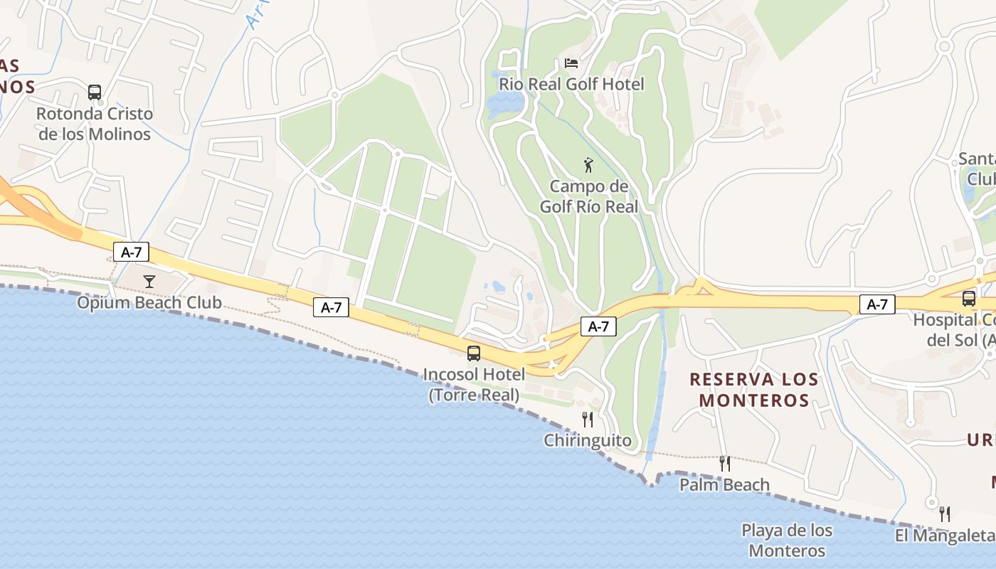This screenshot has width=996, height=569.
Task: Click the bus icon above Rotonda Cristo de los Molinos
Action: [x=95, y=92]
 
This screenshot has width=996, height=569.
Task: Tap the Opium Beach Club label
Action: [x=149, y=303]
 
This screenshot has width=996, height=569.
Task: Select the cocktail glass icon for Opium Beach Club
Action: [x=149, y=282]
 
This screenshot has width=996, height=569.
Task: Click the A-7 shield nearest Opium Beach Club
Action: [x=131, y=251]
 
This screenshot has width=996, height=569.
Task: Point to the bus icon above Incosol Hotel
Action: [x=474, y=353]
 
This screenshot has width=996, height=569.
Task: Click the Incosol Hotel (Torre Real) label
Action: [x=474, y=384]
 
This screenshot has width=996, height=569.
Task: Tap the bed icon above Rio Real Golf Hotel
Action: [x=571, y=63]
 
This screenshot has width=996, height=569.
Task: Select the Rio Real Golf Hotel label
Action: [x=571, y=85]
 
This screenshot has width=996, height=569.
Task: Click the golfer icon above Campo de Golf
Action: [x=588, y=166]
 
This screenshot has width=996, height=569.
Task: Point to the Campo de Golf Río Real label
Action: [x=588, y=196]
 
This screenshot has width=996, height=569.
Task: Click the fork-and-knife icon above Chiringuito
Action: [x=588, y=419]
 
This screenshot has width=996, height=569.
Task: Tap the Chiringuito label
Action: [x=588, y=440]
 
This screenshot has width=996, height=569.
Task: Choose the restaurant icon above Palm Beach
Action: [x=725, y=464]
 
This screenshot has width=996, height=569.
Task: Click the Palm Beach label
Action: [x=724, y=485]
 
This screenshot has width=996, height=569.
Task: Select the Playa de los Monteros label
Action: [x=787, y=541]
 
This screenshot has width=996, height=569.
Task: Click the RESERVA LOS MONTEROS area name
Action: [x=754, y=390]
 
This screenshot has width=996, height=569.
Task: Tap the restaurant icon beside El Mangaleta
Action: [x=945, y=514]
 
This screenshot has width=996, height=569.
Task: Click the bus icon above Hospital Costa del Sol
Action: [x=969, y=299]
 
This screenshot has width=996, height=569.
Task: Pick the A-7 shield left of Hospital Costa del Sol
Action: [x=877, y=304]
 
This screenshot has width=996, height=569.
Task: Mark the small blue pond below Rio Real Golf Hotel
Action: [x=504, y=105]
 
